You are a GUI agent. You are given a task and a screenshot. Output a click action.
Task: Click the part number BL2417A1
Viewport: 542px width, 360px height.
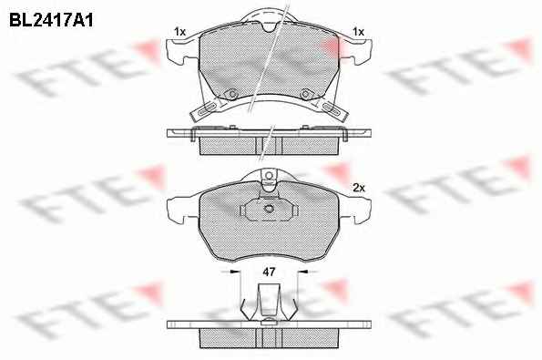[x=51, y=20]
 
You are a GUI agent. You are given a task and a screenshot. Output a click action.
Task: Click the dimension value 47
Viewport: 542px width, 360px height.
[x=269, y=272]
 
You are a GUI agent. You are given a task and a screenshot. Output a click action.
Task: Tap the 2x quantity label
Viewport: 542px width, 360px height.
[x=359, y=188]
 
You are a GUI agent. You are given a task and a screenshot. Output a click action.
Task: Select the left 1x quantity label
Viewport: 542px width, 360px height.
[x=179, y=32]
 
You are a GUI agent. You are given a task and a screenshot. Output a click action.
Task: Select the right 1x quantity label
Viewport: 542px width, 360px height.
[x=359, y=32]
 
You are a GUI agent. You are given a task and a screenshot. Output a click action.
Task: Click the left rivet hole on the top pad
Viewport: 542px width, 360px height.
[x=232, y=94]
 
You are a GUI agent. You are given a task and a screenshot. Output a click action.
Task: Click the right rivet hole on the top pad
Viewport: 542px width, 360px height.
[x=305, y=94]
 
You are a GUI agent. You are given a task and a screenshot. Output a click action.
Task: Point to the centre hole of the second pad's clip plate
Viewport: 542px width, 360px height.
[x=269, y=209]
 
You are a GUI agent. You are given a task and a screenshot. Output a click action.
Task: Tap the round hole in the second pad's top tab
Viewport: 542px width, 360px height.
[x=269, y=176]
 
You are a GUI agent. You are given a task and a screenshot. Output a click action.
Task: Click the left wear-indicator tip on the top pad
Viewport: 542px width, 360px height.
[x=205, y=110]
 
